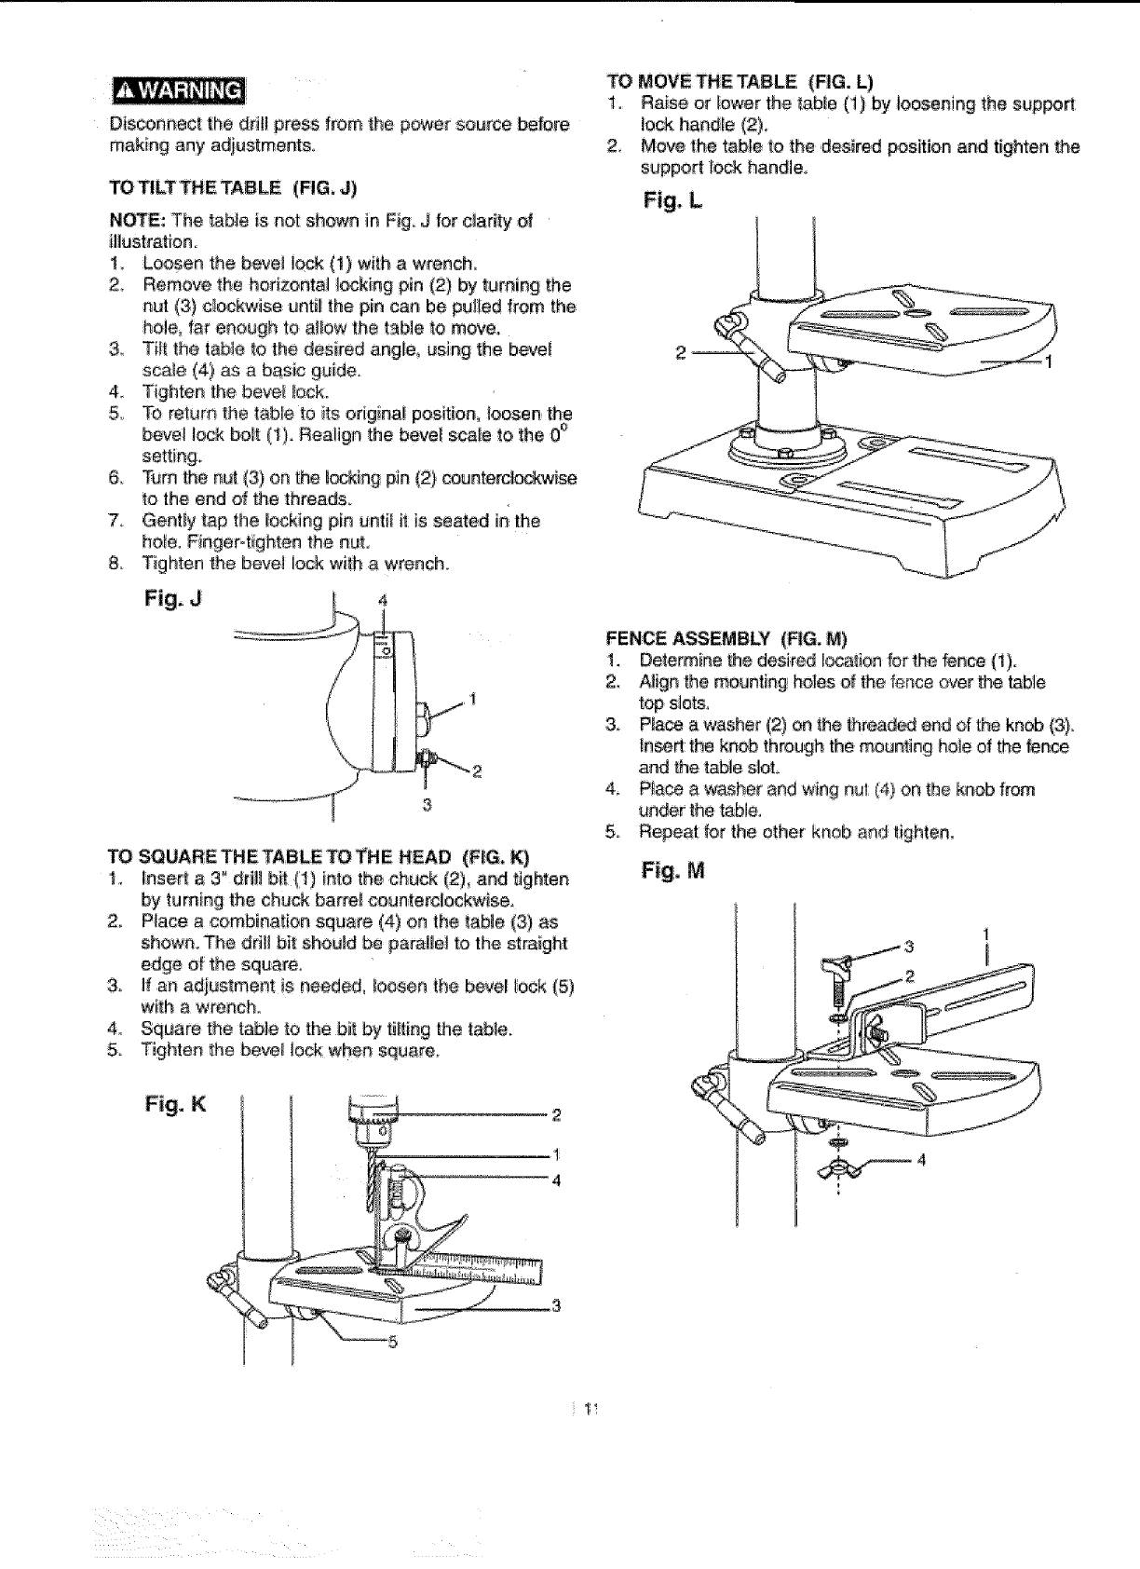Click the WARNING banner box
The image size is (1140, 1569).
(x=177, y=90)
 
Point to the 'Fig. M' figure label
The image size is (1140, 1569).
(x=672, y=871)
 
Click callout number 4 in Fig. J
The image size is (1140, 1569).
(x=382, y=600)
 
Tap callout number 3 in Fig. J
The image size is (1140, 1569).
(x=426, y=805)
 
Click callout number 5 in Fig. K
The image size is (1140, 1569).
(x=392, y=1343)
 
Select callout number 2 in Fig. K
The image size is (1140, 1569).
(x=556, y=1114)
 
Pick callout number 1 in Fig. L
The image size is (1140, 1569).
(x=1049, y=362)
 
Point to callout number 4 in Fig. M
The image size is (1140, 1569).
(x=921, y=1161)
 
